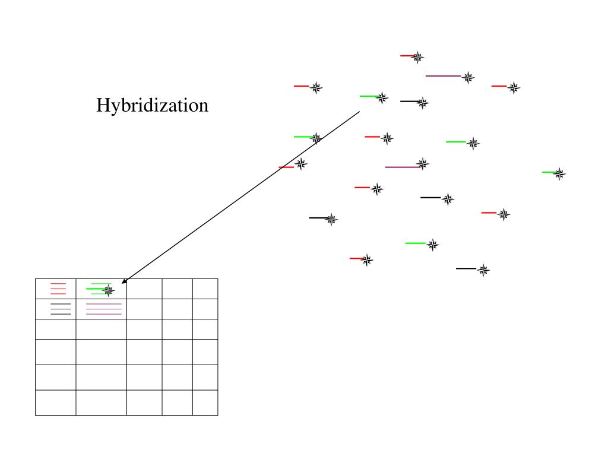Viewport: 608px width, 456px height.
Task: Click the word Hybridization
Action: point(153,106)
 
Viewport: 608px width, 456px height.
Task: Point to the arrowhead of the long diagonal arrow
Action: point(122,283)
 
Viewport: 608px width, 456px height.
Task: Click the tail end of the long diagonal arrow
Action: point(359,112)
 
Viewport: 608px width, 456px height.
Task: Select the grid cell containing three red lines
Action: point(56,289)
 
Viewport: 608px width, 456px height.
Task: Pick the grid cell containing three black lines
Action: point(56,309)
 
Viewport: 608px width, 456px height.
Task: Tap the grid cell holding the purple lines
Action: point(102,309)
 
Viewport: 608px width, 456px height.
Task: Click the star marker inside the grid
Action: point(108,290)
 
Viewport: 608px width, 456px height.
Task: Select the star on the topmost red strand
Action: point(418,57)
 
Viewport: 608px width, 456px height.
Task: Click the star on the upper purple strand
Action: point(468,77)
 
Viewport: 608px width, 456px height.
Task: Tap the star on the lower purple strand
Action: point(422,163)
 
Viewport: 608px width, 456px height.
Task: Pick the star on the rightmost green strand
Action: point(559,174)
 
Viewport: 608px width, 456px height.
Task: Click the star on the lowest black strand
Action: point(483,270)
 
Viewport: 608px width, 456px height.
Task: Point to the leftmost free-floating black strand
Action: point(318,218)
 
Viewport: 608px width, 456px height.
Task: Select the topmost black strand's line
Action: point(409,102)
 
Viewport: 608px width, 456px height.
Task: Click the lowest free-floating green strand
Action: point(416,243)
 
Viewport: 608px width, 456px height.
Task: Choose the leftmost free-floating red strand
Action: point(286,167)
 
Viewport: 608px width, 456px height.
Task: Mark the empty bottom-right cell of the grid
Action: point(205,403)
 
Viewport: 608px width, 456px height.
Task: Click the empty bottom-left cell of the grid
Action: point(56,403)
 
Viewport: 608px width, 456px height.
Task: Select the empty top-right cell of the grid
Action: point(205,289)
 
